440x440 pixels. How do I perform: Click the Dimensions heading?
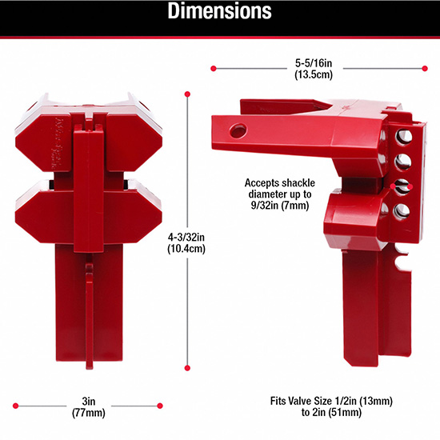pyautogui.click(x=219, y=11)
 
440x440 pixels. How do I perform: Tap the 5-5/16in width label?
pyautogui.click(x=314, y=63)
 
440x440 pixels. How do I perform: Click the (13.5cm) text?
pyautogui.click(x=314, y=75)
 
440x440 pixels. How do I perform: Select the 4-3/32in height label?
pyautogui.click(x=186, y=238)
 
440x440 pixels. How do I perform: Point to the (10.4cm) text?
pyautogui.click(x=186, y=249)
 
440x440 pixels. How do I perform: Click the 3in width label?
pyautogui.click(x=89, y=402)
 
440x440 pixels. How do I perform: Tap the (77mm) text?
pyautogui.click(x=89, y=413)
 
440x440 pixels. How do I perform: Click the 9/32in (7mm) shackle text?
pyautogui.click(x=280, y=206)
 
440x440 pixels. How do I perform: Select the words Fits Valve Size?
pyautogui.click(x=302, y=401)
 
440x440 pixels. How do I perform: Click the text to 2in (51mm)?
pyautogui.click(x=331, y=413)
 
